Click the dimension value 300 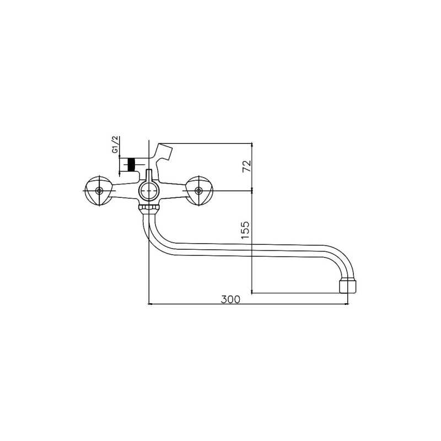(230, 299)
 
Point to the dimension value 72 (246, 166)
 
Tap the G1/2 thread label (115, 144)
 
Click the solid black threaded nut (131, 164)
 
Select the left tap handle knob (99, 191)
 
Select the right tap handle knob (199, 191)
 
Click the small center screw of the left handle (99, 191)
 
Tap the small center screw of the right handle (199, 191)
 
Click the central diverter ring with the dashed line (148, 191)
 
